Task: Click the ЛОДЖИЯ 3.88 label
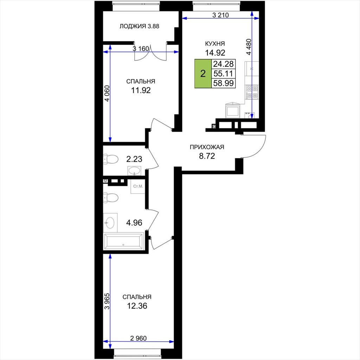click(x=139, y=26)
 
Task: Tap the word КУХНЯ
click(x=215, y=44)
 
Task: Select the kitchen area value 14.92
click(x=215, y=53)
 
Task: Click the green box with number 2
click(x=203, y=74)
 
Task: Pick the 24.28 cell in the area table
click(x=223, y=64)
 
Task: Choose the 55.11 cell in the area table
click(x=223, y=73)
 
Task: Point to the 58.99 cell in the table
click(x=223, y=83)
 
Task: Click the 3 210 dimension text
click(x=221, y=15)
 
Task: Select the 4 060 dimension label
click(x=107, y=94)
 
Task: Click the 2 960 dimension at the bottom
click(x=138, y=338)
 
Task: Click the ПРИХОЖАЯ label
click(x=207, y=147)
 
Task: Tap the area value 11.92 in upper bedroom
click(x=141, y=90)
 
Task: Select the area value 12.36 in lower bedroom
click(x=137, y=306)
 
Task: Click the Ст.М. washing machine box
click(x=138, y=186)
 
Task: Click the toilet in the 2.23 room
click(x=111, y=159)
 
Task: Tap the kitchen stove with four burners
click(x=252, y=92)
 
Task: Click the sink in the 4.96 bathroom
click(x=110, y=223)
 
